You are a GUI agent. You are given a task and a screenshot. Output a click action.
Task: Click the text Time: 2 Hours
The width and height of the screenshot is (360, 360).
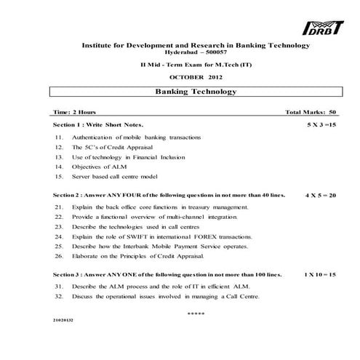pos(75,113)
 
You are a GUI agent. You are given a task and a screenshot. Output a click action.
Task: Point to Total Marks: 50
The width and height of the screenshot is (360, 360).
pos(311,113)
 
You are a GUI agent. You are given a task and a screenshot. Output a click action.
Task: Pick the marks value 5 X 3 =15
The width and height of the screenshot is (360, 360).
pos(320,125)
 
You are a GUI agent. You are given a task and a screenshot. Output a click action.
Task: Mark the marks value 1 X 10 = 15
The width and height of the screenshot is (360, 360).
pos(319,276)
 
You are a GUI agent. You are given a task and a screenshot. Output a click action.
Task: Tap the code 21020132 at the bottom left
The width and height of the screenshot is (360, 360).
pos(63,320)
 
